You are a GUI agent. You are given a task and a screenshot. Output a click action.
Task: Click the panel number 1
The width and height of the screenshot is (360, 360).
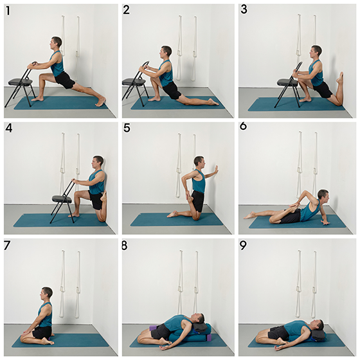pos(8,11)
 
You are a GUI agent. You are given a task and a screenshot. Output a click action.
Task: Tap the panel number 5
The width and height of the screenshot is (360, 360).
pos(127,128)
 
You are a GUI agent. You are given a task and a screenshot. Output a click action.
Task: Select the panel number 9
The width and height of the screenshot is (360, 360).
pos(243,246)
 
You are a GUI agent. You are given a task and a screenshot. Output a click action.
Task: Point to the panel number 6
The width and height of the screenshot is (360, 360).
pos(243,126)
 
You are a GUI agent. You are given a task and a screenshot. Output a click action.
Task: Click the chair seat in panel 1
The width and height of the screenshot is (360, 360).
pos(19,82)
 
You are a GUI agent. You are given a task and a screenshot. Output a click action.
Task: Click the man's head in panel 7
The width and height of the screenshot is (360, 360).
pos(47,293)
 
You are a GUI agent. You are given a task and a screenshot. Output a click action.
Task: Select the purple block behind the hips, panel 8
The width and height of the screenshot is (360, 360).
pos(153,328)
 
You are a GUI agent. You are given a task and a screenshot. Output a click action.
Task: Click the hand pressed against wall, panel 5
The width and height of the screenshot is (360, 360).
pos(216,170)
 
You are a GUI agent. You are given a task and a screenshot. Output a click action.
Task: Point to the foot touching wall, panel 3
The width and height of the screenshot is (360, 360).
pos(340,78)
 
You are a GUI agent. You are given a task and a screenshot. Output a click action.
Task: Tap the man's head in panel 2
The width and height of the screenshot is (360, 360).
pos(166,53)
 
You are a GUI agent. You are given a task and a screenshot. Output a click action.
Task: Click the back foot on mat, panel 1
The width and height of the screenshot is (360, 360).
pos(100,102)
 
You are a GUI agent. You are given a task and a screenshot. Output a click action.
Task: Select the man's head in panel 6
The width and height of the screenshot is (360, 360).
pos(323,196)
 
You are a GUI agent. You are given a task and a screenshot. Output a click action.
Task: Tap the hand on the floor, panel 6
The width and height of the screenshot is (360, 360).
pos(325,222)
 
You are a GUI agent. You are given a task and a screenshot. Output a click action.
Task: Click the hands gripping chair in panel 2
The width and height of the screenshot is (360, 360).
pos(143,68)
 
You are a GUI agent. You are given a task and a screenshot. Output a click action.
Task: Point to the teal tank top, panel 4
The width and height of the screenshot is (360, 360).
pos(97,183)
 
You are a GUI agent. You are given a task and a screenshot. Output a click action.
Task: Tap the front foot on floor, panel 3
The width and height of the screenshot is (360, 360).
pos(305,100)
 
